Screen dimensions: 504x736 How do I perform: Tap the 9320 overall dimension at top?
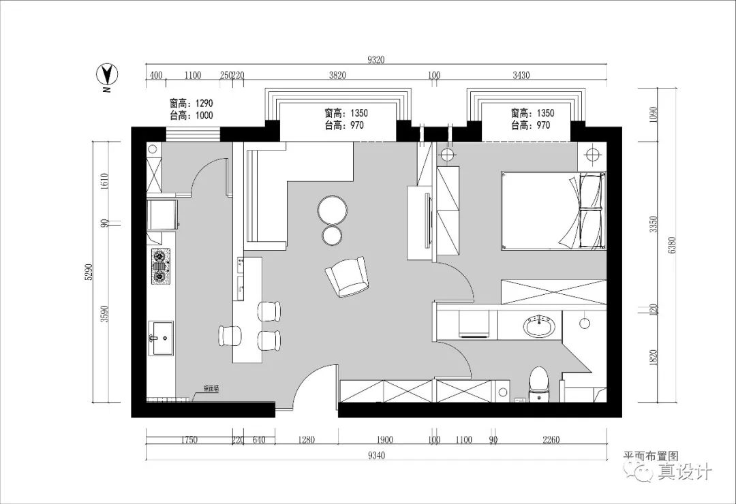[375, 60]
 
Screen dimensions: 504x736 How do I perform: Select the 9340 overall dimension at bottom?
[375, 456]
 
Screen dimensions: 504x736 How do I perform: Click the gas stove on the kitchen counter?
[161, 266]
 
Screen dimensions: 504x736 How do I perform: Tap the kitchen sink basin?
[162, 338]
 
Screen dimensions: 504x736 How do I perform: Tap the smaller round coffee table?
[333, 235]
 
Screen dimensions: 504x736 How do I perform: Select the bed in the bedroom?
[553, 210]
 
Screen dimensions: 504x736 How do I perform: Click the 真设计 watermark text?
[684, 472]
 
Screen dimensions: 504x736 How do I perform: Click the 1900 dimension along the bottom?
[385, 440]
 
